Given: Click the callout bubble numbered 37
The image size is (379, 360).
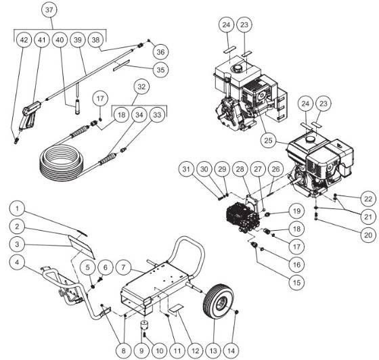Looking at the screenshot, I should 48,10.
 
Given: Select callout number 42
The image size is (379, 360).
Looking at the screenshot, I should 24,41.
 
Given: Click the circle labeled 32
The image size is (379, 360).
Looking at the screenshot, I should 141,87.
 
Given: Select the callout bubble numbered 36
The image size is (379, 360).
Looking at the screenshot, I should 160,51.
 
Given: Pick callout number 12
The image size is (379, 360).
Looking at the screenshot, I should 194,351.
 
